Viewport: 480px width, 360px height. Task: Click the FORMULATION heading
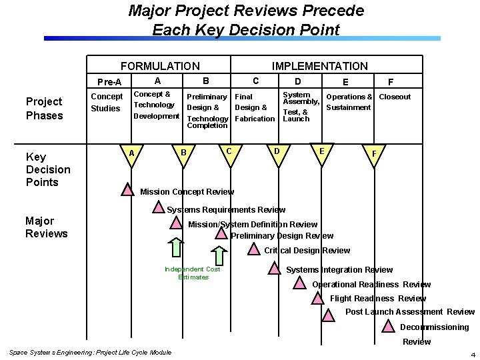tap(159, 66)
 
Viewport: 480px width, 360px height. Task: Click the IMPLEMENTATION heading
tap(319, 66)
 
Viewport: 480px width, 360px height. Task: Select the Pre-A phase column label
tap(109, 82)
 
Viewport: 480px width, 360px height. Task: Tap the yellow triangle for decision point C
tap(229, 153)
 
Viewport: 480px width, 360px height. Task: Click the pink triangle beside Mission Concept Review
tap(127, 190)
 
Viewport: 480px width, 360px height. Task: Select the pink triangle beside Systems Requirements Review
tap(158, 207)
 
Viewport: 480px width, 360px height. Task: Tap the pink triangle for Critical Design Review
tap(254, 249)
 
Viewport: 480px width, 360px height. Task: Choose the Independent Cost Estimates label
tap(193, 273)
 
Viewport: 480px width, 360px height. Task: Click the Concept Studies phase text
tap(106, 102)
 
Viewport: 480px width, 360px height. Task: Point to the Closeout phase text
tap(395, 97)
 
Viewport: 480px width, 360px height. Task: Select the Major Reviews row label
tap(46, 227)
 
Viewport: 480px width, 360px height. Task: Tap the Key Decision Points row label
tap(47, 169)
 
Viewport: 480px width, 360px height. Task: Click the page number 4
tap(472, 354)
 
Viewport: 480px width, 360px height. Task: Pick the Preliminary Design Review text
tap(282, 235)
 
